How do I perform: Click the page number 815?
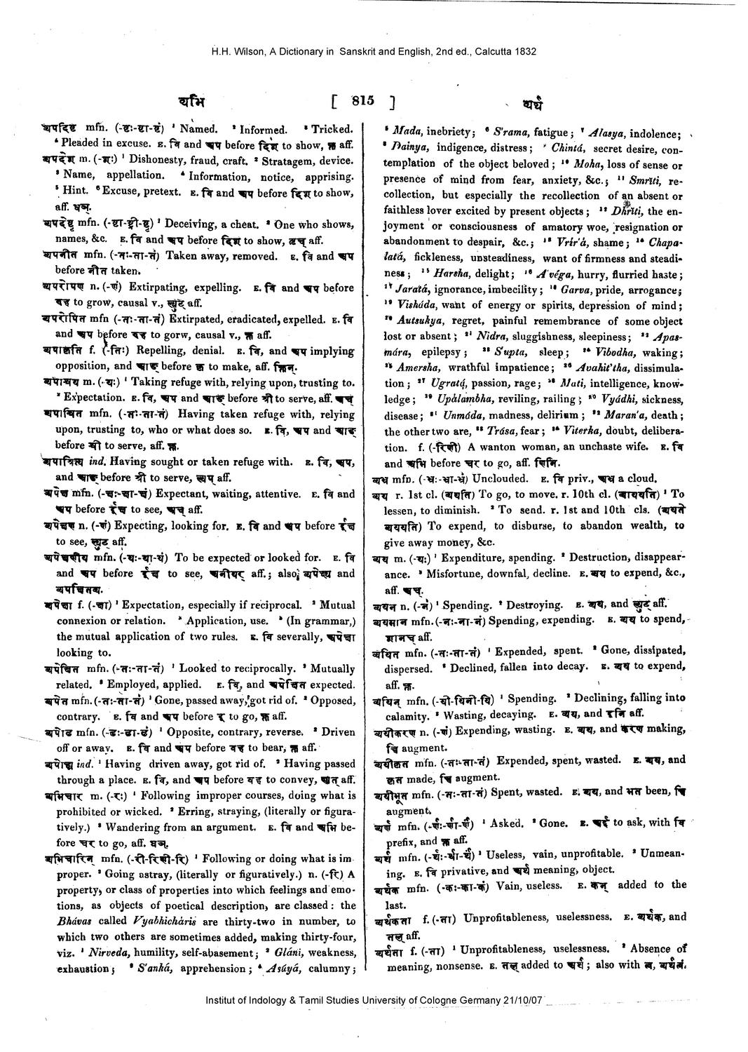(363, 100)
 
